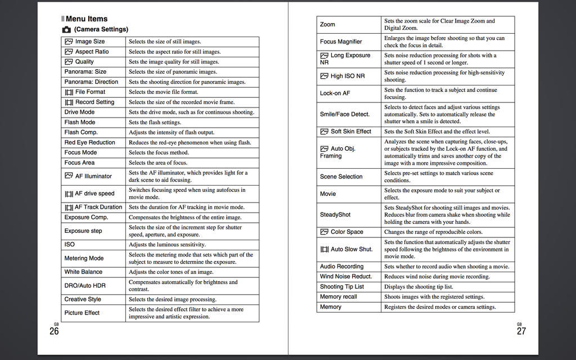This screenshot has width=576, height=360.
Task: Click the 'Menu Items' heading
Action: coord(86,19)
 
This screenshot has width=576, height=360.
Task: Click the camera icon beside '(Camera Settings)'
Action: coord(66,29)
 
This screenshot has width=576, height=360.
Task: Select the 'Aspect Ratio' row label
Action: coord(92,52)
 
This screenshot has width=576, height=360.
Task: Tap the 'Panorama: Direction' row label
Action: coord(91,82)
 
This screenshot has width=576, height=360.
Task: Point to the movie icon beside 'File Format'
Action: coord(69,92)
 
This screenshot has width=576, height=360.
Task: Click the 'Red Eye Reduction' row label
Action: coord(89,143)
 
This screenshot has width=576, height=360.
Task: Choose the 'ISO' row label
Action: coord(69,245)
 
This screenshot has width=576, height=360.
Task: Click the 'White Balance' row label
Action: coord(83,272)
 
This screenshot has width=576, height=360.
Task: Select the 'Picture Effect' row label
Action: coord(82,313)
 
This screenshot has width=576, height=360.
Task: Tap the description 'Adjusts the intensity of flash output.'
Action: coord(171,133)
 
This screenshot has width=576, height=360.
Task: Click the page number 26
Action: coord(54,331)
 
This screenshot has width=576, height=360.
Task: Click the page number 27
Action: coord(521,331)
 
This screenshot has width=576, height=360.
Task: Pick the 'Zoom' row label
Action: coord(327,25)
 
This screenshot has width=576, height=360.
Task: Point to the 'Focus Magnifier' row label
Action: coord(341,42)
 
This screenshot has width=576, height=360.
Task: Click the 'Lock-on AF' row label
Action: coord(335,93)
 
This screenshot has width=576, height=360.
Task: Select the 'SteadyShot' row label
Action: coord(335,215)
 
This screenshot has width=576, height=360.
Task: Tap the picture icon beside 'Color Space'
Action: coord(324,232)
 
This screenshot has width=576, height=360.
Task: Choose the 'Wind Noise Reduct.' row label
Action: coord(346,277)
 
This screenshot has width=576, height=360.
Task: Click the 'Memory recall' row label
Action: coord(339,297)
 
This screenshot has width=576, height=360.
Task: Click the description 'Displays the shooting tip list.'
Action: coord(418,287)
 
